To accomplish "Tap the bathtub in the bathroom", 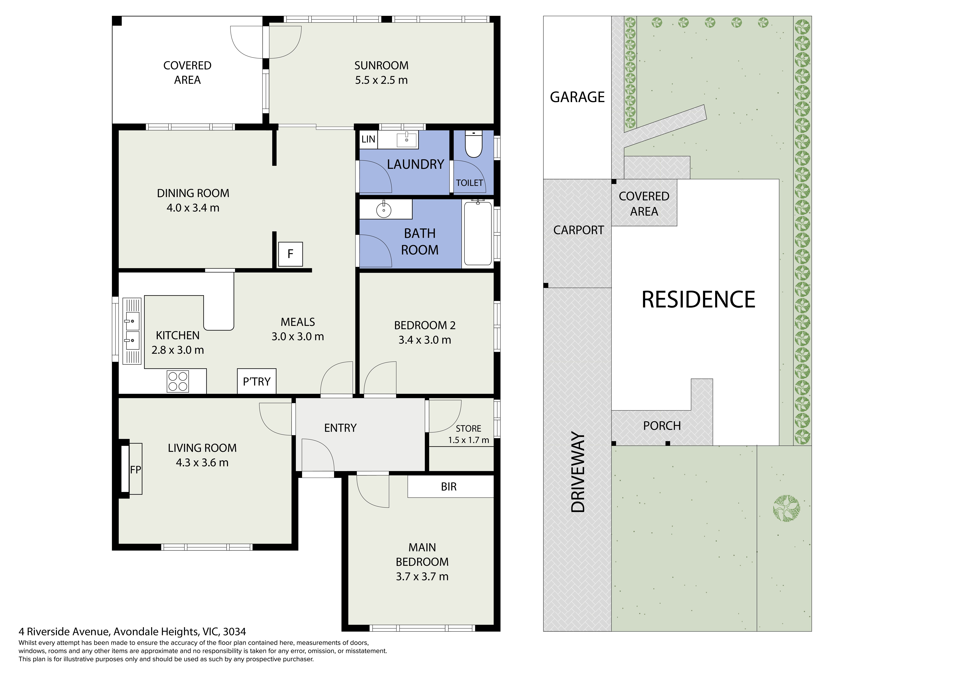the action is pos(478,232).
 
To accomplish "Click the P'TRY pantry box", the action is pos(257,381).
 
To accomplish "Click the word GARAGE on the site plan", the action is pos(577,97).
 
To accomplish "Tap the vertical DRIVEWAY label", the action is pos(578,472).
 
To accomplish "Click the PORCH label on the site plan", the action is pos(662,426).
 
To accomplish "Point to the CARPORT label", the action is pos(578,230).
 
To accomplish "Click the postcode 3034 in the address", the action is pos(235,632).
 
